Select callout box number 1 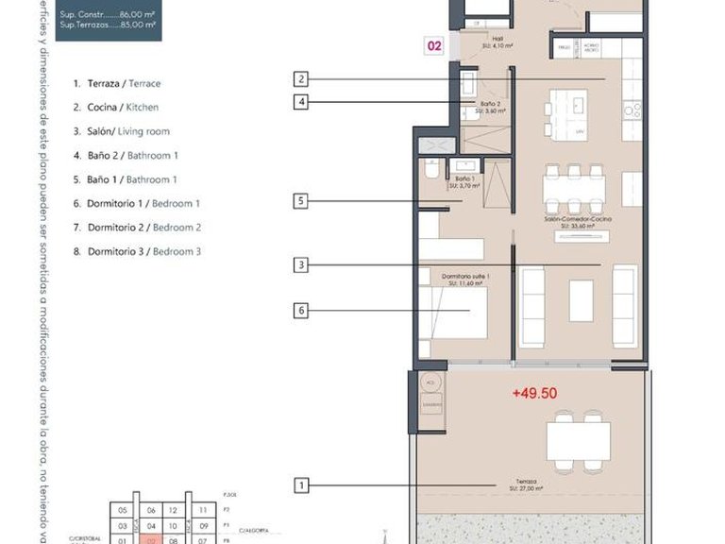coord(301,486)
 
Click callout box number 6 coord(301,309)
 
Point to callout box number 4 coord(301,102)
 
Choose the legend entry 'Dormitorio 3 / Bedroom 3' coord(138,251)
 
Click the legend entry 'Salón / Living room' coord(122,131)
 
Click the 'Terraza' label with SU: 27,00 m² coord(514,482)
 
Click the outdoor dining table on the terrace coord(578,437)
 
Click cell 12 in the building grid coord(173,509)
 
